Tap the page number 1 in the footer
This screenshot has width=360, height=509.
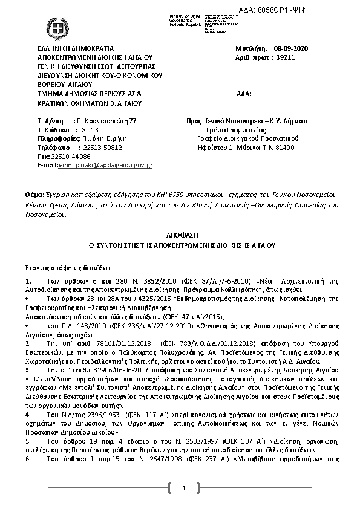tap(182, 488)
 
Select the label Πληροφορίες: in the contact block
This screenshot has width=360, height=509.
tap(56, 138)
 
